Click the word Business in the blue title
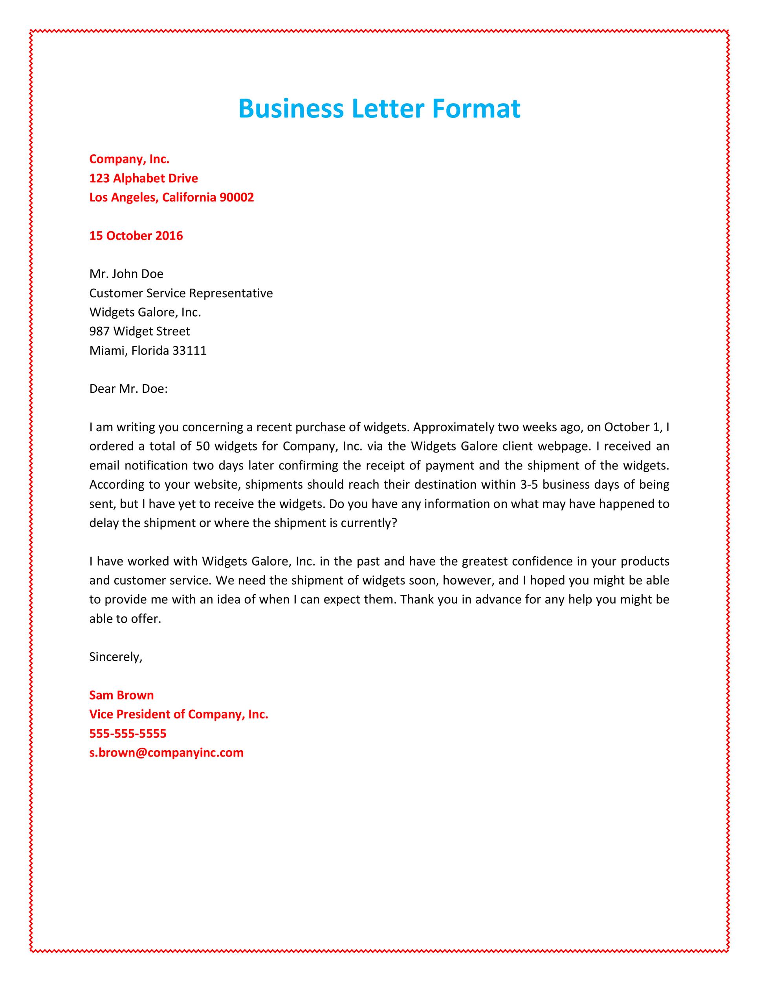(x=290, y=109)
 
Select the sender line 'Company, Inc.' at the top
(x=129, y=159)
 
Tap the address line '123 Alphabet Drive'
(x=143, y=178)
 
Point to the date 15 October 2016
(x=136, y=236)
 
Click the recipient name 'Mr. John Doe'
(x=126, y=273)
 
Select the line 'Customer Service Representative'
(x=181, y=293)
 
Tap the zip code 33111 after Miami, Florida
(x=189, y=350)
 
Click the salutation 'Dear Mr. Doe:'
(x=128, y=388)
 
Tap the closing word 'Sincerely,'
(x=115, y=656)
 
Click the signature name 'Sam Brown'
(x=121, y=695)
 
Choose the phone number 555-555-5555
(x=128, y=733)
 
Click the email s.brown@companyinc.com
(x=166, y=752)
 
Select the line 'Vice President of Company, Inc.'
(x=178, y=714)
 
